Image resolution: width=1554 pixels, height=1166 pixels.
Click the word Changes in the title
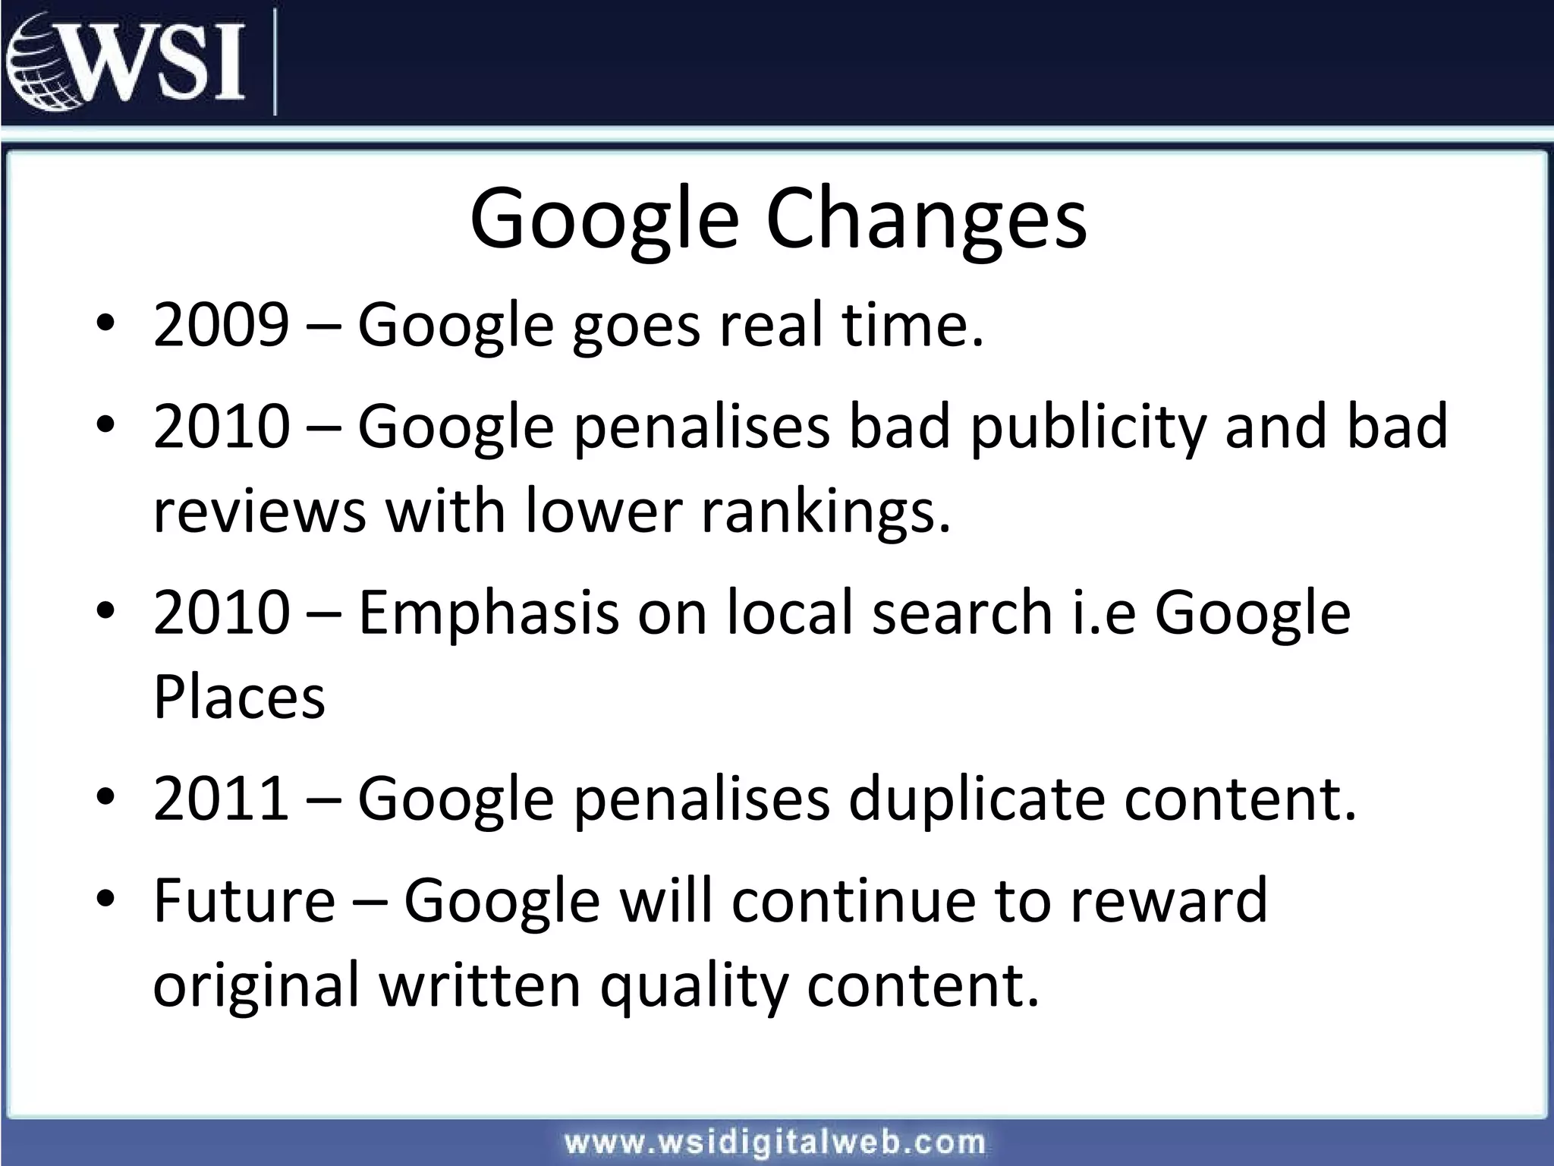(x=926, y=219)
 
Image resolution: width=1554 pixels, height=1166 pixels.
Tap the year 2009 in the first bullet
(x=221, y=325)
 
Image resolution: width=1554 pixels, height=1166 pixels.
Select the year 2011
(x=221, y=799)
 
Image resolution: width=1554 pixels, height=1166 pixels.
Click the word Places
(x=239, y=697)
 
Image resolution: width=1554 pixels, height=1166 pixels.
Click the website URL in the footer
(x=775, y=1142)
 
